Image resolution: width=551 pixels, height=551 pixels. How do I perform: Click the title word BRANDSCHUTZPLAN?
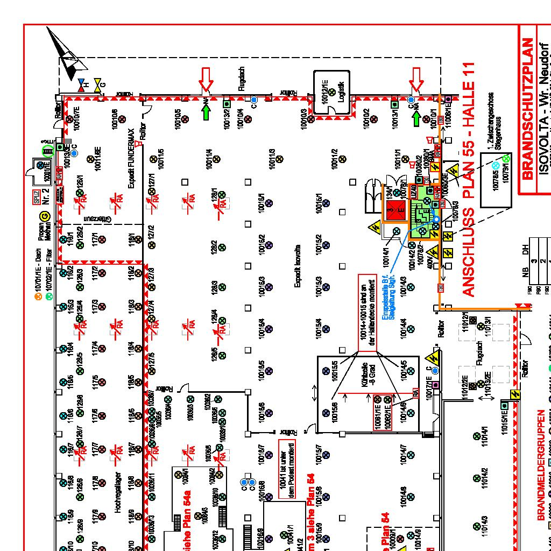tap(527, 108)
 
